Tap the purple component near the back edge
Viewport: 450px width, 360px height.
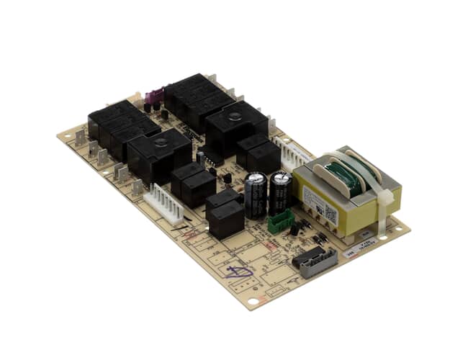(153, 96)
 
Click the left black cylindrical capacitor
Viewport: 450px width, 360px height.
(256, 194)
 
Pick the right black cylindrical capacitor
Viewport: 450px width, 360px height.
(281, 190)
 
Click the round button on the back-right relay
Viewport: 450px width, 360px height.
(235, 116)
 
